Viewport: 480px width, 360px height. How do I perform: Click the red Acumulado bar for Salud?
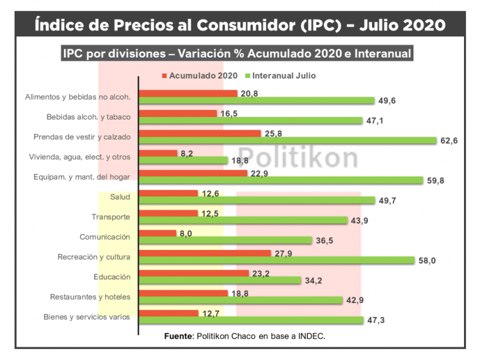tap(168, 193)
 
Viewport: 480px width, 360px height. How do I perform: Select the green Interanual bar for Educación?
tap(220, 280)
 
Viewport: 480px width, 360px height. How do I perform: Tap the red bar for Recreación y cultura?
tap(205, 253)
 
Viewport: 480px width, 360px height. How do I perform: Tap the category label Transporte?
tap(111, 217)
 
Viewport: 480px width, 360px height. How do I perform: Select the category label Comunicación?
tap(105, 237)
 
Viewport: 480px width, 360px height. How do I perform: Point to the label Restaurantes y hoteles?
tap(90, 297)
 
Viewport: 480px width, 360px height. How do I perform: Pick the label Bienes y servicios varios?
tap(87, 317)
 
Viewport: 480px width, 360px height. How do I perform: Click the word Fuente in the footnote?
tap(179, 336)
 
